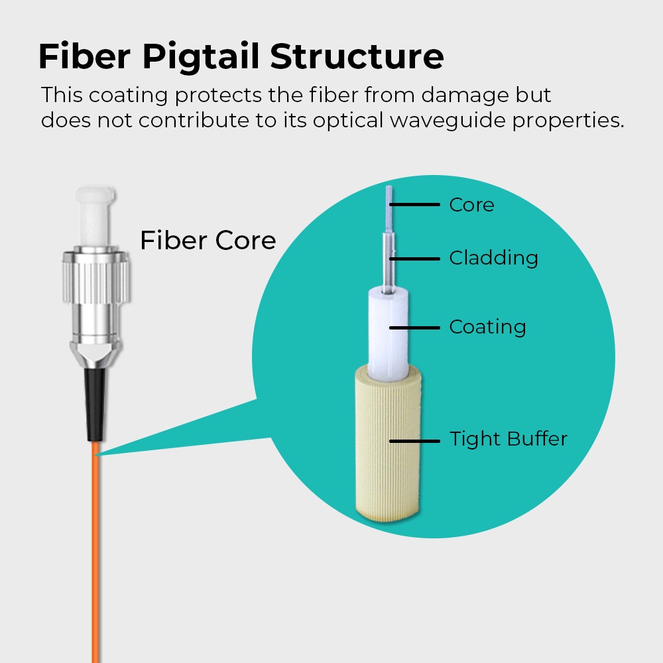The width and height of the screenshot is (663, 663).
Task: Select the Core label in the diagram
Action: (x=471, y=205)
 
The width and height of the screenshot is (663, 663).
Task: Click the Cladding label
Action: (x=493, y=257)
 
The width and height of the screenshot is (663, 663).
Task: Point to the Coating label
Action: (x=487, y=327)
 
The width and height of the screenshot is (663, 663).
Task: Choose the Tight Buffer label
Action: (x=509, y=439)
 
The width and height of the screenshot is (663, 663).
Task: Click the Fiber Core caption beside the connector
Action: (x=208, y=240)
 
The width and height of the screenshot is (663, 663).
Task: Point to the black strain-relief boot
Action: (x=93, y=404)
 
